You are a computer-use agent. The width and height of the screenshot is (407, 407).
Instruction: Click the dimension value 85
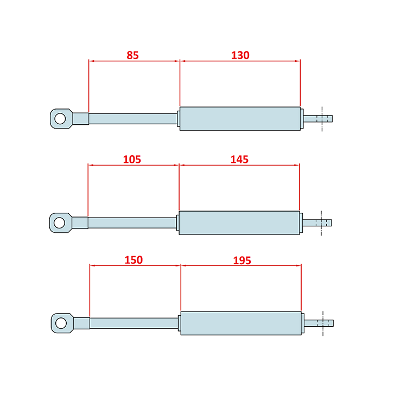coord(132,55)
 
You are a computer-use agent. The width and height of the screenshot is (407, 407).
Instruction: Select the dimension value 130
coord(240,55)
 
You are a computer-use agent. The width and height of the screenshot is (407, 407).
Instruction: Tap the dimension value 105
coord(132,159)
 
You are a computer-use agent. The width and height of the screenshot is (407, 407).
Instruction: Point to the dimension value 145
coord(239,159)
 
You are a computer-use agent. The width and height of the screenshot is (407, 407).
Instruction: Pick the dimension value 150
coord(133,260)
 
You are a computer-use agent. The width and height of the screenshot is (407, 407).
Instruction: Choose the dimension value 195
coord(242,260)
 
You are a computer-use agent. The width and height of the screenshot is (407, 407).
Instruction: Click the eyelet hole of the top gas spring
coord(60,119)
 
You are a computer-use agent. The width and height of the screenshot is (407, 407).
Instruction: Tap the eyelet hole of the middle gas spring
coord(60,222)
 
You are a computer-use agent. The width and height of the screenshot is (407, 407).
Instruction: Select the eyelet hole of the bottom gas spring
coord(61,323)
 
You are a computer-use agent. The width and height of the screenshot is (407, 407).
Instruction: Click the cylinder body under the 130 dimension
coord(240,119)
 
